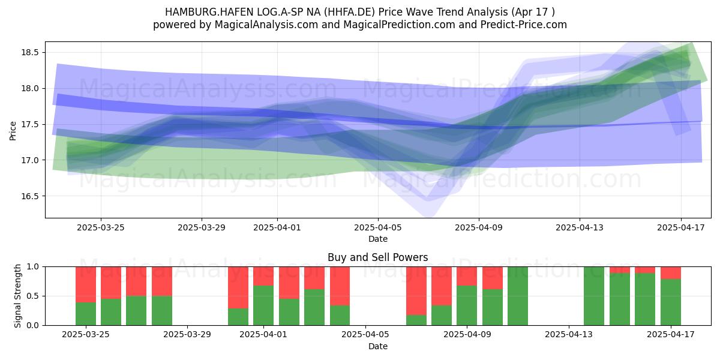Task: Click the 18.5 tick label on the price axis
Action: [x=30, y=52]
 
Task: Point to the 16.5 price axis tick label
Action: [x=30, y=196]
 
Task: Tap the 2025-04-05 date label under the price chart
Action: [x=378, y=227]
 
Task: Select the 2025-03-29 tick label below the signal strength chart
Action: [x=187, y=334]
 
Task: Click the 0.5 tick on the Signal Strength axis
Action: [x=32, y=296]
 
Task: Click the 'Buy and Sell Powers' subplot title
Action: [x=377, y=257]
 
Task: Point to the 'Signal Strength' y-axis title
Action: [x=17, y=296]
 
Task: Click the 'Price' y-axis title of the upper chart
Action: [x=13, y=131]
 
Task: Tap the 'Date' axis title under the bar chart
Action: [x=378, y=346]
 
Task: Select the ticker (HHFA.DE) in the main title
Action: [x=349, y=12]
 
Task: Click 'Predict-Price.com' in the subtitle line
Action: [x=524, y=25]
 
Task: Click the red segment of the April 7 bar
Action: [x=416, y=291]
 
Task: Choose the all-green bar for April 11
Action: [x=518, y=296]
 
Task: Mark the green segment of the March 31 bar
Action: [x=238, y=317]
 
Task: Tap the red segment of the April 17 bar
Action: [x=671, y=272]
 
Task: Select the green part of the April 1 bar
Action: [x=263, y=305]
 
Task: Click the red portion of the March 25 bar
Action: [x=86, y=284]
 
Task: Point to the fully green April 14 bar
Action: [x=594, y=296]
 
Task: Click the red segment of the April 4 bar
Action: [x=340, y=286]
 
